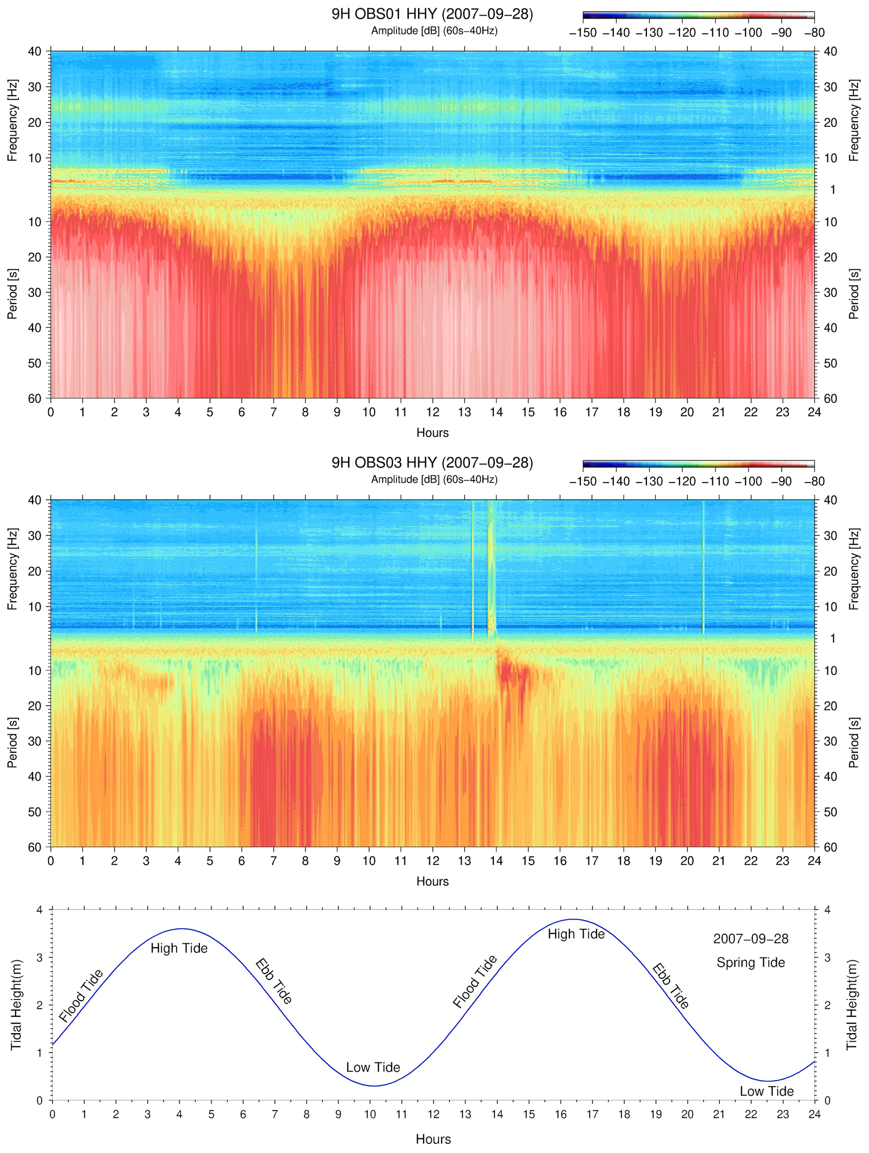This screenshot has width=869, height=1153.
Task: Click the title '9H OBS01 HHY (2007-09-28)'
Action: pos(432,14)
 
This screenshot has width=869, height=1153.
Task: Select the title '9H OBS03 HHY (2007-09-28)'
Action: pos(432,463)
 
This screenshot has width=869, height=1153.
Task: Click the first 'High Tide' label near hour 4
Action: pos(179,948)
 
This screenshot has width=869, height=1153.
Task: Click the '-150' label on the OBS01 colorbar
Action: pos(583,33)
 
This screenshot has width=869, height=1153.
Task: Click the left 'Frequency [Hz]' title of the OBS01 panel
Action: pos(13,120)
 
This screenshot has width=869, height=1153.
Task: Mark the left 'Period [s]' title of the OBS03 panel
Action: pos(13,742)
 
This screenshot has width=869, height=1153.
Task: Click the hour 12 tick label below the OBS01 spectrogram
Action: pos(432,412)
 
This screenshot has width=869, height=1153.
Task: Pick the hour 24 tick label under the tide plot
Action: pos(814,1114)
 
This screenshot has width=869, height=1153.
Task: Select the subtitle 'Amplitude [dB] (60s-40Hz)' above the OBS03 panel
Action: pos(434,479)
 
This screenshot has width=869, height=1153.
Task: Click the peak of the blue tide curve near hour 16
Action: pos(573,919)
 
